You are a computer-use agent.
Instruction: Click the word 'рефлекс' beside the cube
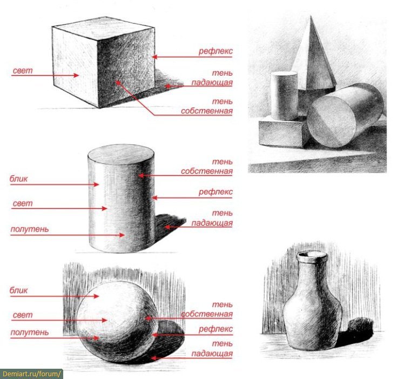pos(216,51)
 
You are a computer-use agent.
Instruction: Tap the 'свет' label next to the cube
pos(23,70)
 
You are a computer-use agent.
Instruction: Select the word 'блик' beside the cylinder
pos(18,179)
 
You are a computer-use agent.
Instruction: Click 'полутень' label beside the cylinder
pos(30,229)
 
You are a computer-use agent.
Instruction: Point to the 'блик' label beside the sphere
pos(18,290)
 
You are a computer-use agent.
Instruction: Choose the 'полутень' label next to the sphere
pos(30,332)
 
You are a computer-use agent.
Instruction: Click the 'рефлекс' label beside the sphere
pos(216,329)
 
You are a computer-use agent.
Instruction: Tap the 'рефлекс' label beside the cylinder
pos(216,192)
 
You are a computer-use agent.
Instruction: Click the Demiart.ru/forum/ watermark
pos(31,374)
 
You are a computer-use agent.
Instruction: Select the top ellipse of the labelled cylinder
pos(121,154)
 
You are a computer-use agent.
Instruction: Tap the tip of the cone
pos(311,16)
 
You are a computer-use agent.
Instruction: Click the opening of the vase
pos(312,255)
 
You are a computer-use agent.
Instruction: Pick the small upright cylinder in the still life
pos(284,96)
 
